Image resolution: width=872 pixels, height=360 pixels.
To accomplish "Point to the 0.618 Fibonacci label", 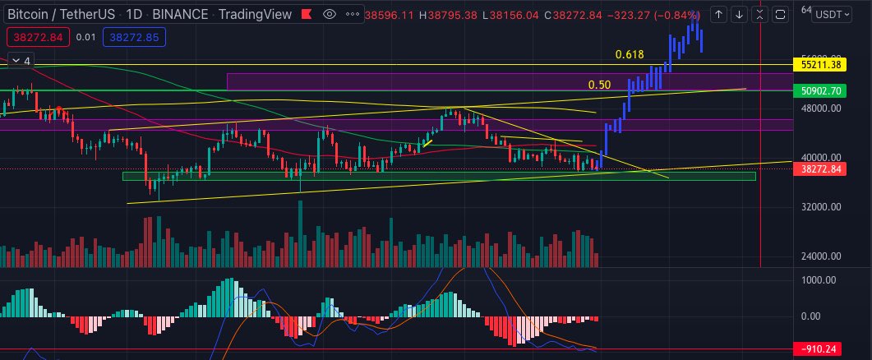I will pyautogui.click(x=629, y=54).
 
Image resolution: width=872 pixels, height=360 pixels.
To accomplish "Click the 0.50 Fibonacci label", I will pyautogui.click(x=599, y=85).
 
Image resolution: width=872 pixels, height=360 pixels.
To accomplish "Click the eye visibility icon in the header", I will pyautogui.click(x=329, y=14).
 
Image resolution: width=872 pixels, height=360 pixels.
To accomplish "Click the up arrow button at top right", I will pyautogui.click(x=718, y=14).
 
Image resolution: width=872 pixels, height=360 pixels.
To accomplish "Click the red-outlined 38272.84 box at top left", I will pyautogui.click(x=35, y=37).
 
